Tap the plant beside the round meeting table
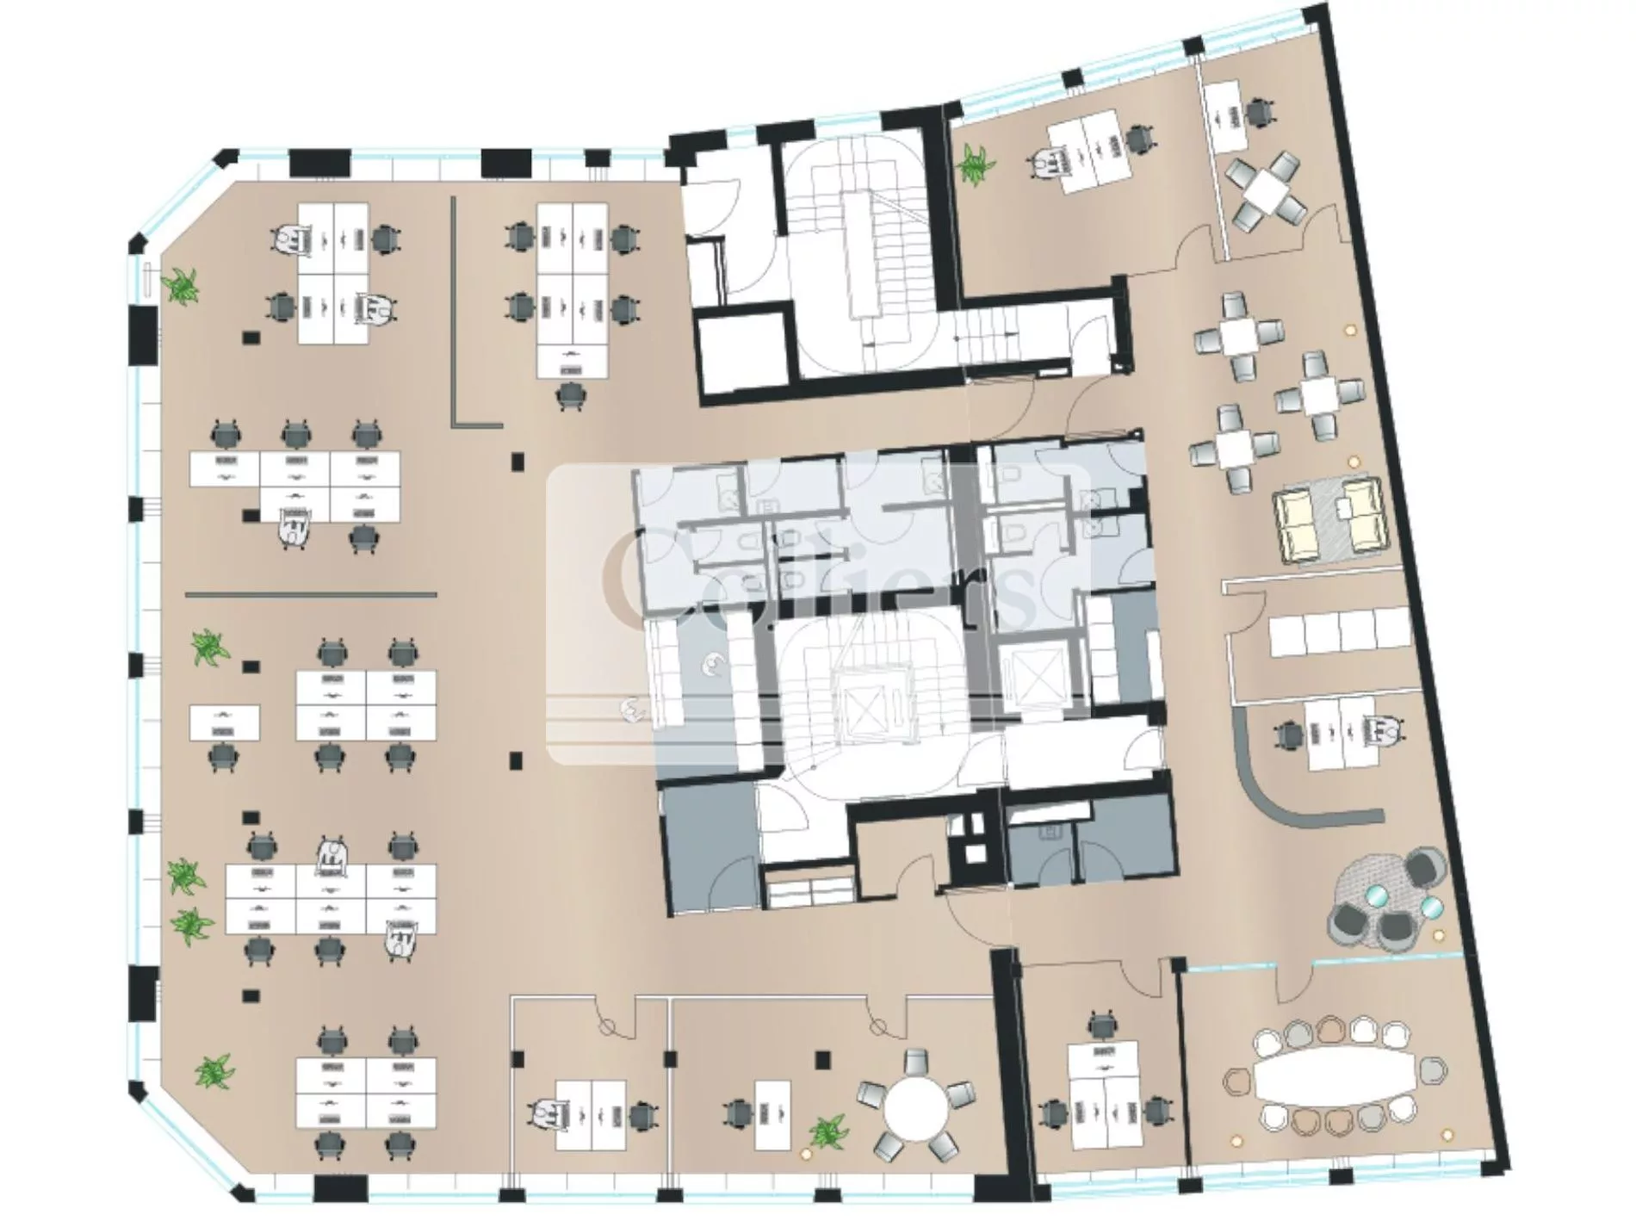coord(827,1131)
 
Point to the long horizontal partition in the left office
coord(311,594)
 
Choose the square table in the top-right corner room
coord(1263,189)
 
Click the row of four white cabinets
coord(1339,629)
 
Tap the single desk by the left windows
coord(224,722)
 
